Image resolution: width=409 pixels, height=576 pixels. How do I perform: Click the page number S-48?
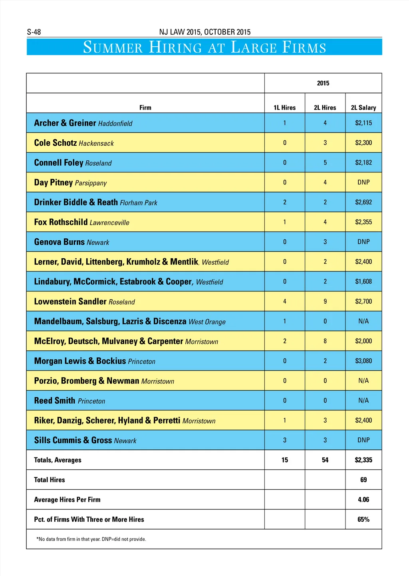34,32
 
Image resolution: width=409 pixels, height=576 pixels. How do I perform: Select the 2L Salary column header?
363,107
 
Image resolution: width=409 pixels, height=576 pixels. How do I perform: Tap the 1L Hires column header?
284,107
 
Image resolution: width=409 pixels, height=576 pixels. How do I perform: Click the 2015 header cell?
323,83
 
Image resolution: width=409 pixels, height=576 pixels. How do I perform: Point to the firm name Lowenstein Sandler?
70,301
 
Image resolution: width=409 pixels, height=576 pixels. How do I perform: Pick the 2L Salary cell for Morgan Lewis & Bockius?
363,361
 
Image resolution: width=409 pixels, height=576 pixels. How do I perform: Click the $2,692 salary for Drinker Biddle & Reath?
363,202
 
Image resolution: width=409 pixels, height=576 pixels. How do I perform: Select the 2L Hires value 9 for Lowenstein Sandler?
325,301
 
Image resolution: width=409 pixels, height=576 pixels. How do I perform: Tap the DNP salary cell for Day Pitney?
363,182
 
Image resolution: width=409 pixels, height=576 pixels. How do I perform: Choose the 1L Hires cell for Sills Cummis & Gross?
285,440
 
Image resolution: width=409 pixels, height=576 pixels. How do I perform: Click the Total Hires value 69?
363,480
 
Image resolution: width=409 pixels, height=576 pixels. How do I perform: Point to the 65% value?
363,519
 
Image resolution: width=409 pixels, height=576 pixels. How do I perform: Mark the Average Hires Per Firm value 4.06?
363,500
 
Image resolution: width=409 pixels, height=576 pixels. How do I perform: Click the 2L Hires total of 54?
325,460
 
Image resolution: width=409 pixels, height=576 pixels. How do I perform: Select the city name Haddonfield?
115,124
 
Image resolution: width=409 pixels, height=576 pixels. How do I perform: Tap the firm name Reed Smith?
55,401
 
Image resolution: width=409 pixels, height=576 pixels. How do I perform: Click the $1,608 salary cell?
363,281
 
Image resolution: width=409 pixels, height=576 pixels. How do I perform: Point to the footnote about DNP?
91,539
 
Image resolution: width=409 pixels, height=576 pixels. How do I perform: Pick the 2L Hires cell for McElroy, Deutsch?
325,341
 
